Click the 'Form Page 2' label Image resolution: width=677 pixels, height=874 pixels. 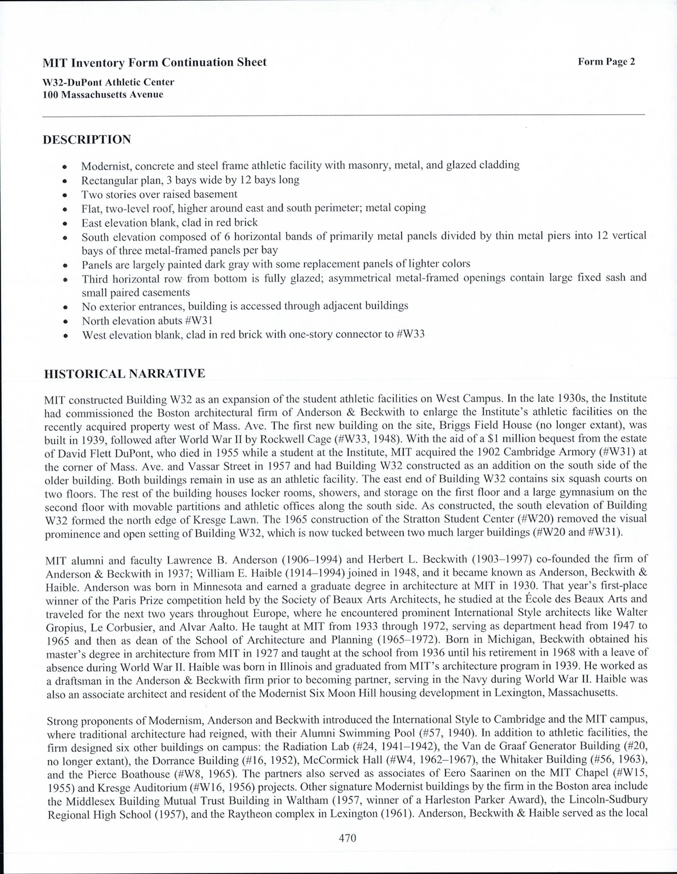[606, 62]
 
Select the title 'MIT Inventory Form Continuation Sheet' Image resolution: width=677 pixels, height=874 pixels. [155, 62]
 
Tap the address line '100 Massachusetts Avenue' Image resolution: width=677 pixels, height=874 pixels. [103, 94]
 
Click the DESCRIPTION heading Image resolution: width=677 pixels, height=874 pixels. [87, 140]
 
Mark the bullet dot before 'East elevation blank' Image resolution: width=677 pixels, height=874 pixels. [67, 223]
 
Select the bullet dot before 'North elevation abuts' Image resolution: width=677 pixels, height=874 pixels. [67, 322]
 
